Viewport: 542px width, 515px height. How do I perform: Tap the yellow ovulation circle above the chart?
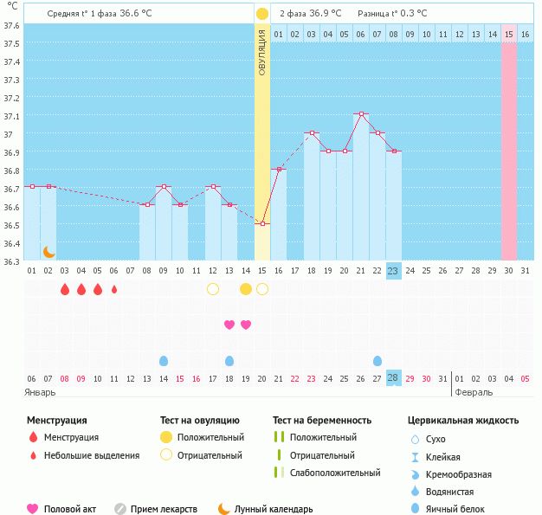click(262, 14)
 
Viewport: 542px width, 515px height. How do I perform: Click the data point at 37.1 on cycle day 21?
click(362, 114)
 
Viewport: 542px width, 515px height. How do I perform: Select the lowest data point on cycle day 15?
click(262, 223)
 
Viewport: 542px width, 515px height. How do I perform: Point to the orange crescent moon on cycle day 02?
click(49, 252)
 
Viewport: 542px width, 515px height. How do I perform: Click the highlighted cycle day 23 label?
click(393, 271)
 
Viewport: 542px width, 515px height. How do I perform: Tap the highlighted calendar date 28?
click(393, 378)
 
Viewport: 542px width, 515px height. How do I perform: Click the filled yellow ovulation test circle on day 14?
click(246, 288)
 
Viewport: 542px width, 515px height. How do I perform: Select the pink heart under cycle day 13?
click(229, 325)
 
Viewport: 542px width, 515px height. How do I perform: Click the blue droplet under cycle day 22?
click(377, 360)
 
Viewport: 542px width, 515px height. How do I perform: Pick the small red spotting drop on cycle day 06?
click(114, 289)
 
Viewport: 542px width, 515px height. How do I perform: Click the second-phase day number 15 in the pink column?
click(509, 34)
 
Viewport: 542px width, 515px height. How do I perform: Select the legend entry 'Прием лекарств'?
click(164, 509)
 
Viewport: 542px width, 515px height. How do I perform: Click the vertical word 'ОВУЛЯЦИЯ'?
click(262, 52)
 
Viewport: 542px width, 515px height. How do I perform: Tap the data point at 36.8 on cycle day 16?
click(279, 169)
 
